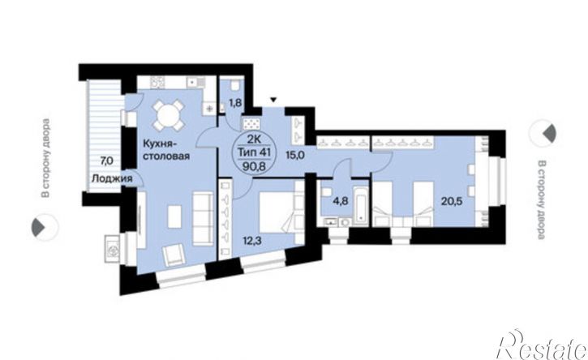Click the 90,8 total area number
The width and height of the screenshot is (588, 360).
coord(254,166)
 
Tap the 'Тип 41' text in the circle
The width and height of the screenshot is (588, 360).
coord(254,152)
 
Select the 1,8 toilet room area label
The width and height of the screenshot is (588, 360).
coord(235,103)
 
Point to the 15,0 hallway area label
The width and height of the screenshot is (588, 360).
coord(295,155)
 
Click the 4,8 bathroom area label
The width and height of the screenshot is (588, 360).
coord(341,200)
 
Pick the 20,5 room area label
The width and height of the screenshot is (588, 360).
coord(452,201)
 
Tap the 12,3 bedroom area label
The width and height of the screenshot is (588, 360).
coord(251,240)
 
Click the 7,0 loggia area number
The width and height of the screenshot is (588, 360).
coord(105,161)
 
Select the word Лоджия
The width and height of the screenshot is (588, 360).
coord(112,178)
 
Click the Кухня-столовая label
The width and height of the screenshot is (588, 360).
coord(165,149)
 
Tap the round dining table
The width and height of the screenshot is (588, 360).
coord(169,115)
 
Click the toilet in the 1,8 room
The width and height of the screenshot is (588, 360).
coord(234,86)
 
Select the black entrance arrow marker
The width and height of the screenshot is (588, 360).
coord(273,100)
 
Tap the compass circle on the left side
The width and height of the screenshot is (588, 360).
coord(45,227)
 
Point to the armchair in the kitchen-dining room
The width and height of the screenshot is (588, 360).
coord(174,255)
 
